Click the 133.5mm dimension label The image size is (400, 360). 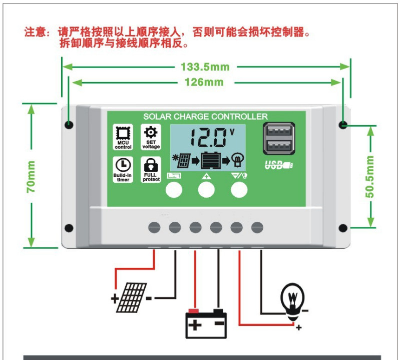tap(205, 67)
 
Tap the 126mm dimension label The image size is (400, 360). tap(204, 82)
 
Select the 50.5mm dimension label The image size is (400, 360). tap(370, 177)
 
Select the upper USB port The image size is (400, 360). tap(278, 132)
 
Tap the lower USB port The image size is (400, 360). tap(278, 147)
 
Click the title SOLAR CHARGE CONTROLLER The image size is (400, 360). tap(205, 116)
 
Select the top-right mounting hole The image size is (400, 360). tap(343, 125)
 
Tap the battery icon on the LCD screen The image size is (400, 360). tap(210, 160)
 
